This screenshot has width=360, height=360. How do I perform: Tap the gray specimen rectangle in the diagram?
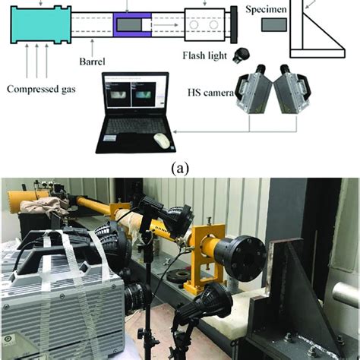click(x=272, y=26)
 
